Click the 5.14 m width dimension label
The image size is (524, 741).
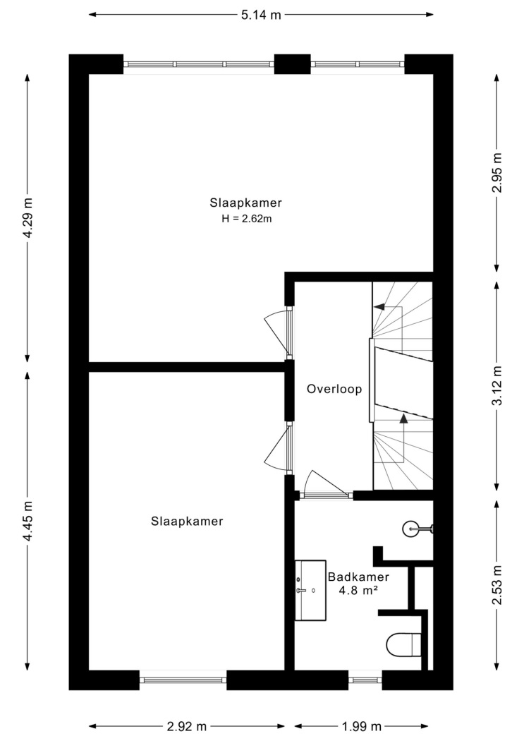[261, 15]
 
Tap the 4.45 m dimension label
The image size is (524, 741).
[29, 522]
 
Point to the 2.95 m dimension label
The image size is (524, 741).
[497, 173]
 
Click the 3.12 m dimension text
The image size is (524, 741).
[497, 386]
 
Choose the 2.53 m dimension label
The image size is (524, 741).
[497, 585]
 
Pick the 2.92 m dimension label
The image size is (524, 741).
[187, 726]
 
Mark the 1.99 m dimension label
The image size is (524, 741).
[361, 726]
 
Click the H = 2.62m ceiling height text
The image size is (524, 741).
[246, 219]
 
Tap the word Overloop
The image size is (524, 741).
[334, 389]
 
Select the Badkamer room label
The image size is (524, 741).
[358, 577]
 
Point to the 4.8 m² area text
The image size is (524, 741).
[358, 590]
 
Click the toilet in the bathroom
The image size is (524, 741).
[403, 644]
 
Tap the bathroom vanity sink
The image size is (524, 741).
[310, 590]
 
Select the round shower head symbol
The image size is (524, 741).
[410, 529]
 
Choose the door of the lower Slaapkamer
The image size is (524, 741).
[279, 447]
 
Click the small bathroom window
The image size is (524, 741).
[365, 680]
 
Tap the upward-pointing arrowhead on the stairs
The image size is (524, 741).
[403, 418]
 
